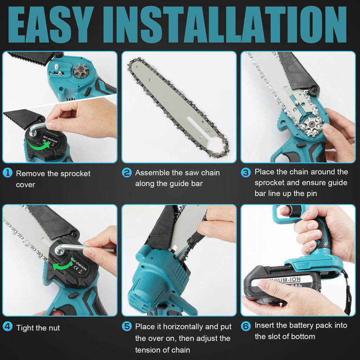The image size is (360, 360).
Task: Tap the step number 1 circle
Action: (x=7, y=173)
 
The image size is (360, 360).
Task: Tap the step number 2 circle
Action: (x=127, y=173)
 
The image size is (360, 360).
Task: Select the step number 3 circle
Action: (x=246, y=172)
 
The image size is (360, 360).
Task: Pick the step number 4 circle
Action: (x=7, y=327)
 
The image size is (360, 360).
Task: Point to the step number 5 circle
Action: (x=127, y=326)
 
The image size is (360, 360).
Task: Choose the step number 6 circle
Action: (x=246, y=326)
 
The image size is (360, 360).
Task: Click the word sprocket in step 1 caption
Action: (x=75, y=174)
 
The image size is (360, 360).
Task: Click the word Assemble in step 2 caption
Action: (x=150, y=173)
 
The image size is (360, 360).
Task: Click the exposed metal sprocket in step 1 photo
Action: (x=81, y=71)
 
